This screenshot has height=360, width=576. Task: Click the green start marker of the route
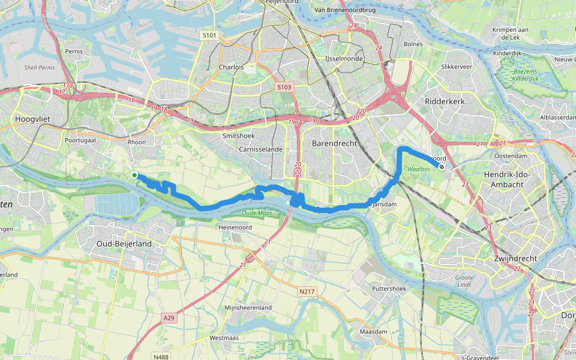(x=134, y=175)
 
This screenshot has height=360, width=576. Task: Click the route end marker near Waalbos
(x=442, y=167)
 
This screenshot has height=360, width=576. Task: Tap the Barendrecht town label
(x=334, y=144)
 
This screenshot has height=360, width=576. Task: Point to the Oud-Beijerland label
(x=124, y=244)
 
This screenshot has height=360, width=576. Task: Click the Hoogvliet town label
(x=32, y=120)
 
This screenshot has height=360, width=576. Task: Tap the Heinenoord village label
(x=235, y=227)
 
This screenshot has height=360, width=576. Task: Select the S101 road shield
(x=209, y=36)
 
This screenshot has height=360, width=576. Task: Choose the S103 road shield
(x=284, y=88)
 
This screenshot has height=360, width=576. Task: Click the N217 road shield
(x=307, y=292)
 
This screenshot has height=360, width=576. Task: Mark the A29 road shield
(x=170, y=316)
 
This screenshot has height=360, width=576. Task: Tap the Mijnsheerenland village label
(x=248, y=308)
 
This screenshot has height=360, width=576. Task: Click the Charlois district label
(x=232, y=67)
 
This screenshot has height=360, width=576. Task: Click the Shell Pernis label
(x=40, y=67)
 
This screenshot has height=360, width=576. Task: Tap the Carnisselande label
(x=260, y=149)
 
